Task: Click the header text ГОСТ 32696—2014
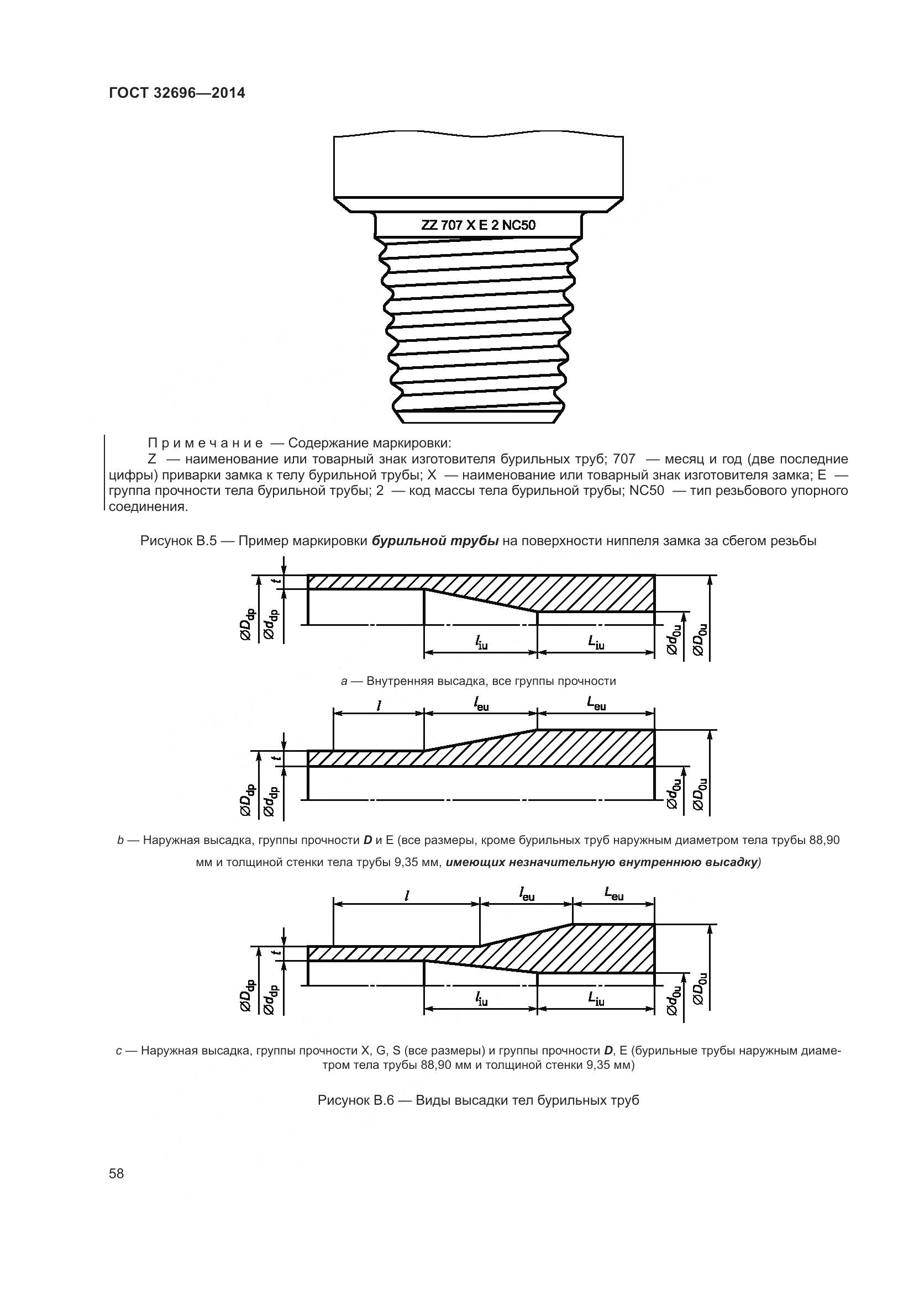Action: click(177, 93)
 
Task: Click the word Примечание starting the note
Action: click(206, 442)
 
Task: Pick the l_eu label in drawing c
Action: click(526, 894)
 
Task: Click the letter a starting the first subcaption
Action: click(344, 682)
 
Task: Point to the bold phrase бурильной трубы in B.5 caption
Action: click(435, 541)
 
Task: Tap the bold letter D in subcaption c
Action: click(608, 1050)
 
